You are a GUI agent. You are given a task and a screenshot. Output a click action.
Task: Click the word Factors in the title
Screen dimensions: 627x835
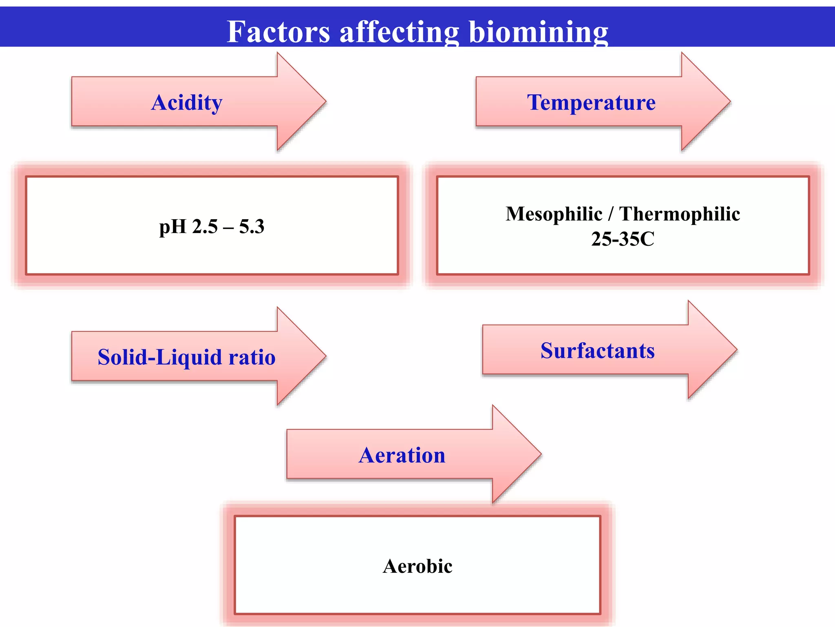pos(278,32)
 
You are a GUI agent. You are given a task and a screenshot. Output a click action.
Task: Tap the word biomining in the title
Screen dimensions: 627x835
pos(538,32)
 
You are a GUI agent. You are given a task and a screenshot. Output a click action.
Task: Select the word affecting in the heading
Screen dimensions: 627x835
pos(399,32)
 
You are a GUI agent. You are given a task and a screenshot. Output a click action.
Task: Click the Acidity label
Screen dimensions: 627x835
pos(187,102)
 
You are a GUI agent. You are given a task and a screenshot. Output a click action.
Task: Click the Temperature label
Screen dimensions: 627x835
pos(591,102)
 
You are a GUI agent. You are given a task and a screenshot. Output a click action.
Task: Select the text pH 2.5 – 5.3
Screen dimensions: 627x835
pos(212,226)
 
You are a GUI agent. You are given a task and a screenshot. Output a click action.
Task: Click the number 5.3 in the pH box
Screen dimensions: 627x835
pos(252,226)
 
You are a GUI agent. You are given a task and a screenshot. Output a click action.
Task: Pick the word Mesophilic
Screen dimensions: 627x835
pos(554,214)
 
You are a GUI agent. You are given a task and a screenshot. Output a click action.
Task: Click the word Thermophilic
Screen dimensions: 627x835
pos(679,214)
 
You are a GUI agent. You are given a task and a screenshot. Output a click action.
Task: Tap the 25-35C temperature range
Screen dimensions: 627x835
pos(623,239)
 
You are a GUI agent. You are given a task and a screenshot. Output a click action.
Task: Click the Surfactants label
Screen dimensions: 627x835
pos(598,350)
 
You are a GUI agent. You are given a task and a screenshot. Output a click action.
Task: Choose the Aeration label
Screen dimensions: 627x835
pos(402,455)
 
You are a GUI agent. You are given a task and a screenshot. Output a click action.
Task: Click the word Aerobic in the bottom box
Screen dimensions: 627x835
pos(417,566)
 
